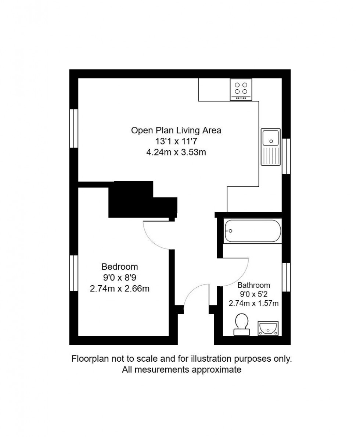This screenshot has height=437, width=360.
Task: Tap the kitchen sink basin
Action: point(271,137)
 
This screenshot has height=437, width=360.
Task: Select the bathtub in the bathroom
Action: point(253,231)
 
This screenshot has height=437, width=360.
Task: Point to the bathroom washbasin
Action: point(269,328)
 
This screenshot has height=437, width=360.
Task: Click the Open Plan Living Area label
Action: point(176,130)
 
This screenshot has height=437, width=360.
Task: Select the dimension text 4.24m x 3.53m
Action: point(176,152)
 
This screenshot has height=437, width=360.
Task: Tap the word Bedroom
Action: point(120,266)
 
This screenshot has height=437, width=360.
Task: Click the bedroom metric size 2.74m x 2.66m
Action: point(120,289)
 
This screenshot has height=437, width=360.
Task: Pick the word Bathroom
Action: point(253,285)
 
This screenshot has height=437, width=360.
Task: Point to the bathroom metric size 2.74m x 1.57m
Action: point(253,303)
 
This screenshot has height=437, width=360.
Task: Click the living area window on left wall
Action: point(74,128)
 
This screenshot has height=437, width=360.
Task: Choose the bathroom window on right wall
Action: point(286,277)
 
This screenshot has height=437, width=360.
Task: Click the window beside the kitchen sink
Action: point(286,156)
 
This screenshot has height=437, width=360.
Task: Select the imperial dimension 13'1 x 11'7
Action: point(176,141)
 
